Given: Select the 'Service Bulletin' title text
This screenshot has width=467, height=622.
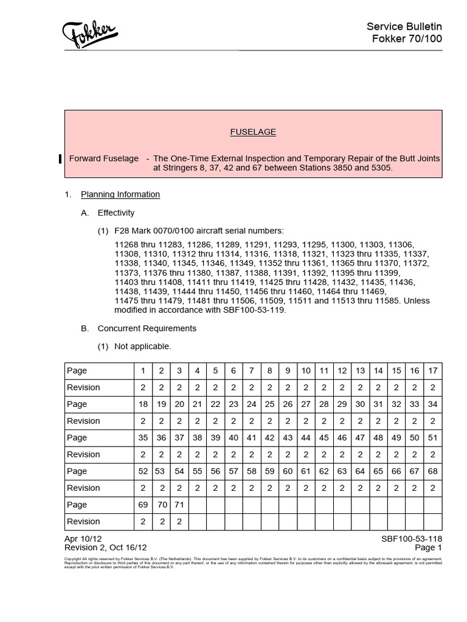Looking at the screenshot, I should (x=404, y=26).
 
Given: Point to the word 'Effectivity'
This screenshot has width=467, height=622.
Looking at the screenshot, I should (x=116, y=213).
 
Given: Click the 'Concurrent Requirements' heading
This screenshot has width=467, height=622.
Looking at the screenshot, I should (x=147, y=328).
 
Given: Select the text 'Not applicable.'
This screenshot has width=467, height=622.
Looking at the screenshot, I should (x=143, y=346).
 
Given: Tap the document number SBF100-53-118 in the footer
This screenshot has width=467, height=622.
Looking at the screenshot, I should (x=412, y=539).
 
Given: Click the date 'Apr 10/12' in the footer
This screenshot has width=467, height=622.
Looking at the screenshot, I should (x=83, y=539).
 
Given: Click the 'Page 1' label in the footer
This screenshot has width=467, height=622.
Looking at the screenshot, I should (x=428, y=547).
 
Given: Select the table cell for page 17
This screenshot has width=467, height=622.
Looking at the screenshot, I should (x=432, y=371).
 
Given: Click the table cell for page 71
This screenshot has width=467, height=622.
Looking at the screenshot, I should (x=179, y=505).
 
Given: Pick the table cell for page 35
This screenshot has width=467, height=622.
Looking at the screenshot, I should (x=143, y=437).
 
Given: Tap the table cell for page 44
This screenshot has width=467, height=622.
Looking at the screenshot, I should (x=306, y=437).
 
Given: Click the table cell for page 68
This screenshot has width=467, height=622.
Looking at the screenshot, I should (x=432, y=471).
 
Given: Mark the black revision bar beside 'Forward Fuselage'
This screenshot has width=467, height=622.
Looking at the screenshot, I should (x=59, y=159).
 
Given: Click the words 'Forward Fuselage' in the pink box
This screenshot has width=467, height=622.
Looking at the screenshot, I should (x=104, y=159).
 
